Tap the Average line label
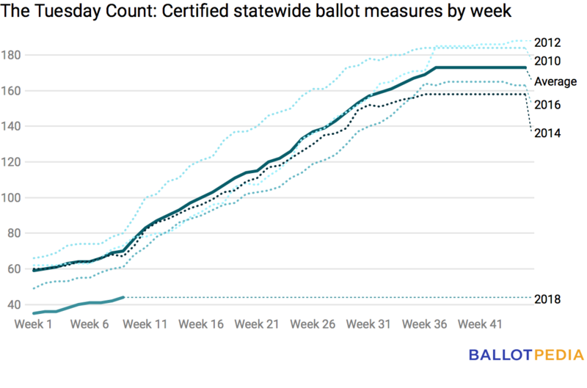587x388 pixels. click(x=555, y=81)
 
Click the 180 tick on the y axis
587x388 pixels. click(x=15, y=55)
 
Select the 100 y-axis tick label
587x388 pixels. click(x=15, y=198)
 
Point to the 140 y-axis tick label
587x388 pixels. click(x=15, y=126)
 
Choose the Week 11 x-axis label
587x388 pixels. click(x=145, y=323)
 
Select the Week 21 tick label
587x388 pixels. click(x=258, y=323)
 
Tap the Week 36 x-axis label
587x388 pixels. click(x=426, y=323)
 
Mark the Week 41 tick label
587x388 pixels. click(x=481, y=323)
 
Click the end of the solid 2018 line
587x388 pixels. click(x=123, y=297)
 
